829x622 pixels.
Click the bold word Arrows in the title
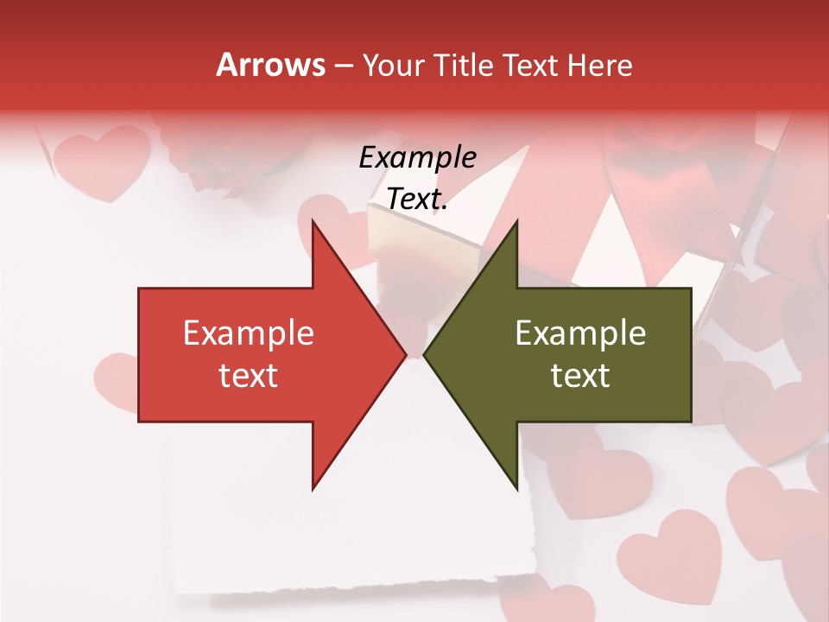270,65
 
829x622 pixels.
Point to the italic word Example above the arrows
417,157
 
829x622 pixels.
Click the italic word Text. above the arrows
417,200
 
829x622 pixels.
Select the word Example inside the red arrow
249,333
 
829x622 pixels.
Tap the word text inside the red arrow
249,375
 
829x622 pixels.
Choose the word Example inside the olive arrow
580,333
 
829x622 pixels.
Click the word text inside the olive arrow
580,375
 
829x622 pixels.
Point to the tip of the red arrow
404,355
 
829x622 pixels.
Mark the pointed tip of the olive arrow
426,355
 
